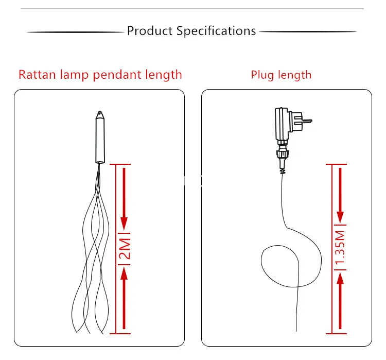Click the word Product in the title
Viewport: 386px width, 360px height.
coord(150,31)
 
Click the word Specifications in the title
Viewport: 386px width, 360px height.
coord(216,31)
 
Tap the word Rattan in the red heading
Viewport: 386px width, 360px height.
coord(37,75)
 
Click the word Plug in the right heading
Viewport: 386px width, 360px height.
coord(262,75)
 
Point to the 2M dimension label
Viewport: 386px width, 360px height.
coord(125,249)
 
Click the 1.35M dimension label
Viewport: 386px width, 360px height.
coord(340,248)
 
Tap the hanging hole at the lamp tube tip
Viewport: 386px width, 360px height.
coord(100,113)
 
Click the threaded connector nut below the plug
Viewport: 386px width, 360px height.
coord(282,155)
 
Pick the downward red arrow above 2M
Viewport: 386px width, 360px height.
coord(124,199)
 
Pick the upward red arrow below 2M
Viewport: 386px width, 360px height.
coord(124,298)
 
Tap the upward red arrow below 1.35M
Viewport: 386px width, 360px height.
coord(340,301)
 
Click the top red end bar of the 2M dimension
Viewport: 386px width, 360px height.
coord(120,164)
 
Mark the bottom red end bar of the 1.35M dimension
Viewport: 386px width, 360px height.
coord(336,334)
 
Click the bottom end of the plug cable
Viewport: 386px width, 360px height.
coord(296,332)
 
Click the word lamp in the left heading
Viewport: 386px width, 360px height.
coord(74,75)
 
